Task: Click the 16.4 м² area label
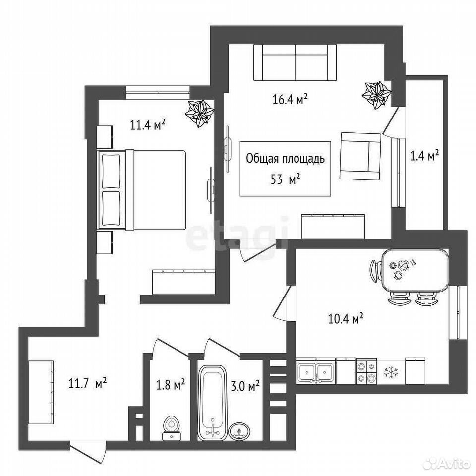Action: [x=290, y=99]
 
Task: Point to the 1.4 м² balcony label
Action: [x=425, y=156]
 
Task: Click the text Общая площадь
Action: [x=285, y=159]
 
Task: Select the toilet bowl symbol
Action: [x=172, y=428]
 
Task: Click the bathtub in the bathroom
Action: [x=213, y=403]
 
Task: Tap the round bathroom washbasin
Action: [x=239, y=431]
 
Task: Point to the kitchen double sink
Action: [x=316, y=370]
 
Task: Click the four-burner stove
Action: [x=366, y=371]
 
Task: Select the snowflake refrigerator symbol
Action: [x=391, y=373]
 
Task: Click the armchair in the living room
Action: [x=360, y=156]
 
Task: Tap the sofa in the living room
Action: [x=295, y=62]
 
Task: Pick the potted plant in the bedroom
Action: [x=199, y=114]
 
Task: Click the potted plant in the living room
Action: [x=376, y=95]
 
